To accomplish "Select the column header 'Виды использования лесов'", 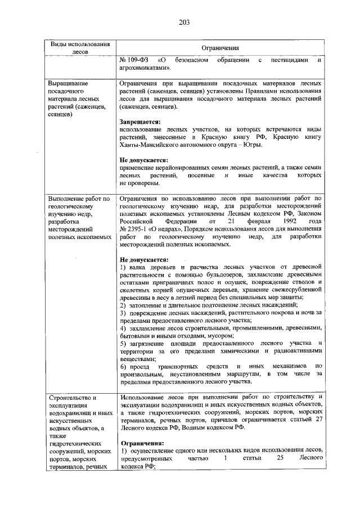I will (80, 47).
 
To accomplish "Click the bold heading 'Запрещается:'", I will (140, 121).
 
